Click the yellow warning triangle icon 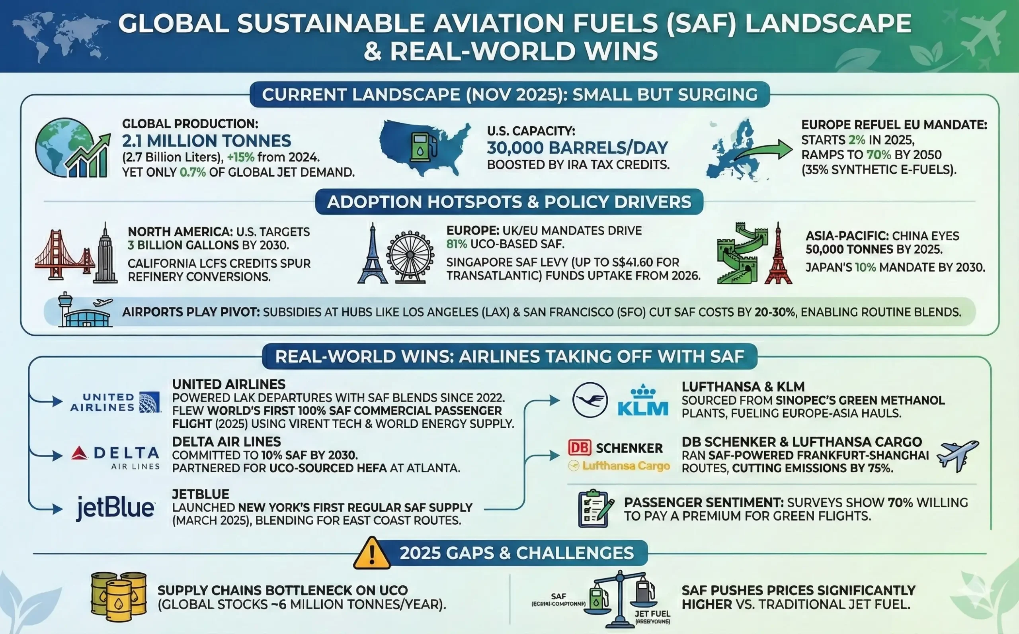[372, 554]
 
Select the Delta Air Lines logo [115, 457]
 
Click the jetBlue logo [115, 508]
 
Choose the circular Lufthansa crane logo [590, 399]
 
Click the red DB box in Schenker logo [580, 447]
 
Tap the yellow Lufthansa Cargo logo [619, 466]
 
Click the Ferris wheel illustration [410, 255]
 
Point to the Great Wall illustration [738, 254]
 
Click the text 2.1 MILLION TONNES [207, 141]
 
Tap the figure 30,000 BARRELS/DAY [577, 148]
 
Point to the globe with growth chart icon [71, 148]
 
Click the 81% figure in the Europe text [456, 244]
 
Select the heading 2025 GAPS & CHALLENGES [516, 553]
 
